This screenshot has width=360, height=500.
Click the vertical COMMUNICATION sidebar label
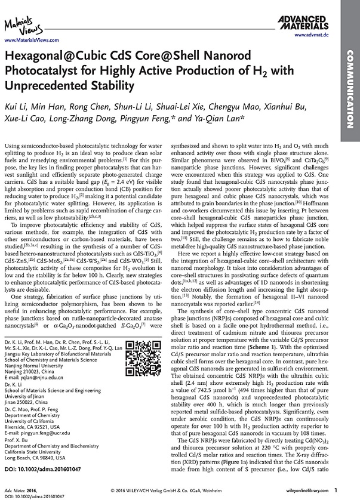point(350,89)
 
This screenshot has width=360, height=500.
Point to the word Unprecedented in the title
point(44,85)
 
